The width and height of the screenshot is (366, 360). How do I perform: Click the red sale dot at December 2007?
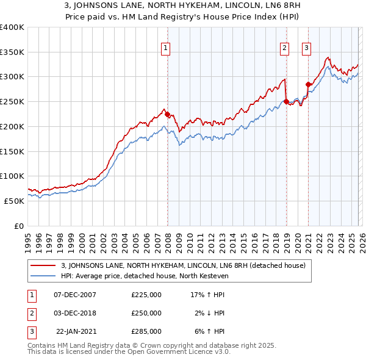[167, 114]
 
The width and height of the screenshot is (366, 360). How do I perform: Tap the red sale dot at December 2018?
[286, 102]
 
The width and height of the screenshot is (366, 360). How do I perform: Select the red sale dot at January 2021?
[308, 84]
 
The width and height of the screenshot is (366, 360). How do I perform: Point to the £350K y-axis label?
[12, 52]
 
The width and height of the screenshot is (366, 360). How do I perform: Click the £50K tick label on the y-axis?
[14, 201]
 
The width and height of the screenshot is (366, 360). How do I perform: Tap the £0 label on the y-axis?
[19, 226]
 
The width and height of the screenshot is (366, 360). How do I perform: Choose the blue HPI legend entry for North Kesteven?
[152, 276]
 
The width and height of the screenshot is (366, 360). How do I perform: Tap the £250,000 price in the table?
[146, 313]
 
